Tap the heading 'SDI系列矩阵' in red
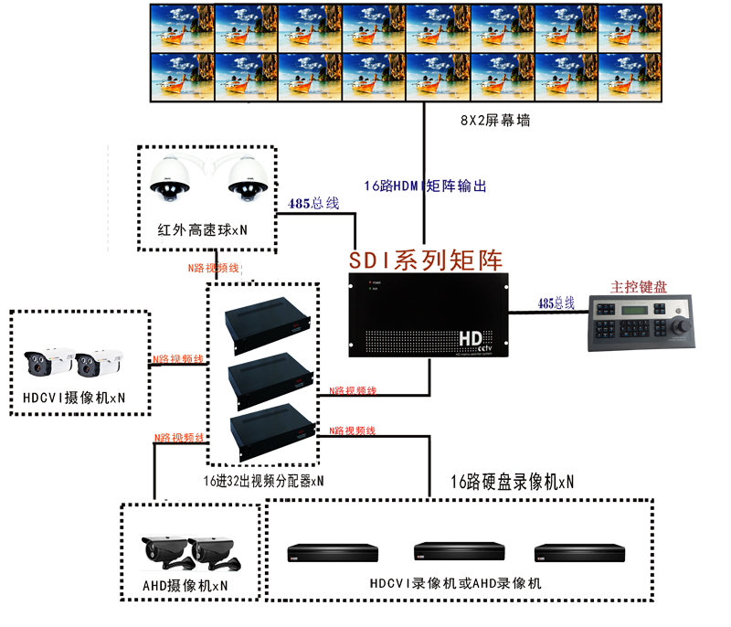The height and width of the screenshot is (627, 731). tap(426, 260)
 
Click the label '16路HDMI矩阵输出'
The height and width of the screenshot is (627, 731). tap(425, 186)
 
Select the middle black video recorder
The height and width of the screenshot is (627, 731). tap(459, 552)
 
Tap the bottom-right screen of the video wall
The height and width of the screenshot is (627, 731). tap(630, 76)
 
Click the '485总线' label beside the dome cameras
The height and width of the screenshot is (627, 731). tap(313, 205)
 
